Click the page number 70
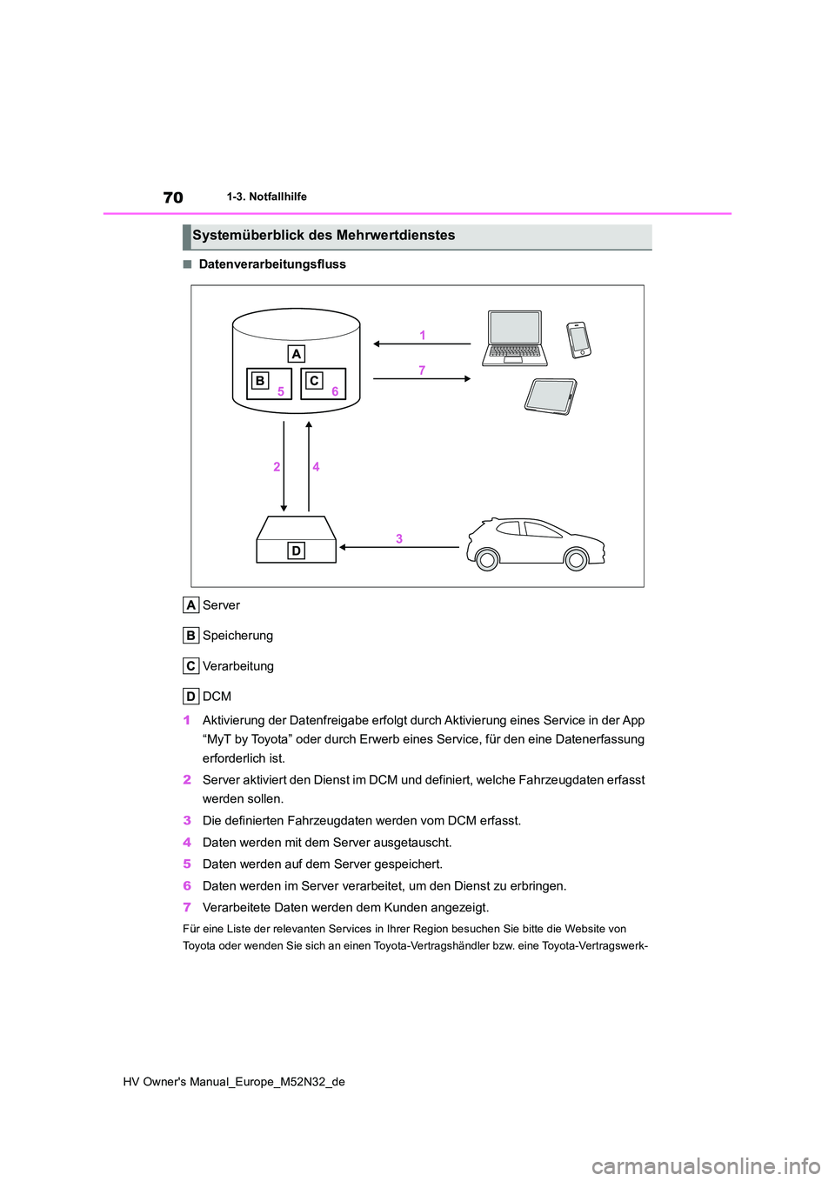[x=173, y=197]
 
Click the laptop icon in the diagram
[x=514, y=337]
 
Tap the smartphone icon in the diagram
[x=578, y=339]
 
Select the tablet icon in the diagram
[x=551, y=396]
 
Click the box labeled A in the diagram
[x=297, y=354]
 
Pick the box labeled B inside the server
[x=259, y=381]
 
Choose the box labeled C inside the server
[x=314, y=381]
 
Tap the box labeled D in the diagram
[x=296, y=550]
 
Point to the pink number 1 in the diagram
[x=423, y=335]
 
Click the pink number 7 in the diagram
[x=422, y=370]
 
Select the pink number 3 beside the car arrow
[x=399, y=538]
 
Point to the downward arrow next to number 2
[x=284, y=466]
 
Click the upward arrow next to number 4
[x=309, y=466]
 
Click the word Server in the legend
[x=221, y=605]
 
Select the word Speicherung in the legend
[x=237, y=636]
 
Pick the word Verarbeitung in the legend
[x=237, y=666]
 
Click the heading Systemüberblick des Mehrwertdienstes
[x=324, y=236]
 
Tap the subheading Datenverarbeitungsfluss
[x=272, y=264]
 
